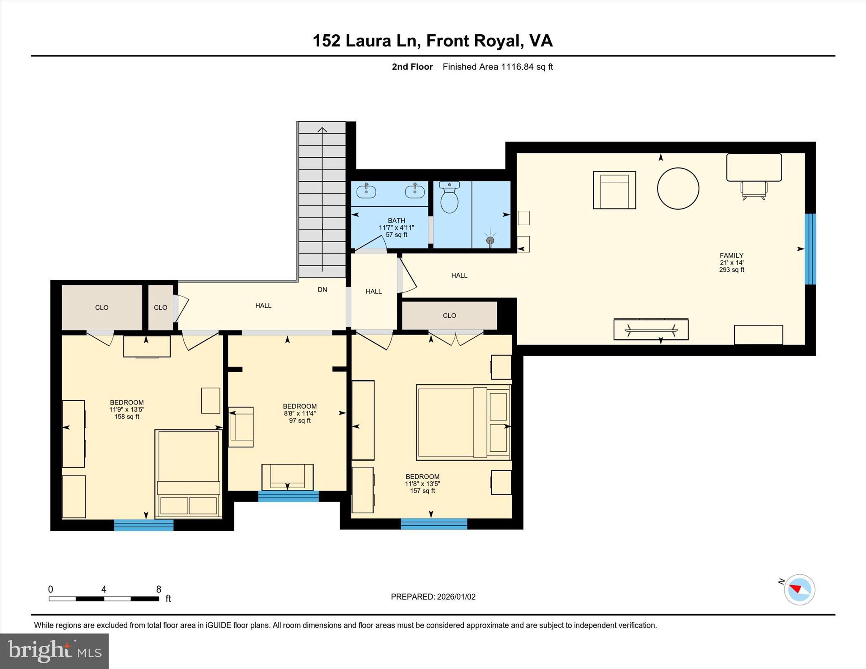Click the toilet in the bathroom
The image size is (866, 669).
[449, 199]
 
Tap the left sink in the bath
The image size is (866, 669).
[366, 191]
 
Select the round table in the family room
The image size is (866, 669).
[678, 188]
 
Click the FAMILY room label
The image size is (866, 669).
[732, 255]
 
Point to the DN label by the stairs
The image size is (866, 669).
[322, 290]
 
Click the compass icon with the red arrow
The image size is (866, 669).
[799, 589]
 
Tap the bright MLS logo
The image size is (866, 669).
[54, 651]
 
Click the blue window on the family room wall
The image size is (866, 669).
[810, 249]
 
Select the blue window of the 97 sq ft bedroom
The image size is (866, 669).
[288, 496]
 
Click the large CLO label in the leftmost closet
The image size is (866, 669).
[101, 308]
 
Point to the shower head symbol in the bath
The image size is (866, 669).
[490, 240]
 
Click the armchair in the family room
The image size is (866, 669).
[614, 190]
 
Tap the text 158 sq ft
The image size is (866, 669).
[127, 417]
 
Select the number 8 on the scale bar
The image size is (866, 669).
[159, 589]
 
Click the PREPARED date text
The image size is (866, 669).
[433, 597]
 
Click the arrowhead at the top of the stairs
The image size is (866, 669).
[322, 130]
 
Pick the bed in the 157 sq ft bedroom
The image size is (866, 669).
[463, 422]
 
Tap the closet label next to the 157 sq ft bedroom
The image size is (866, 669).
[449, 316]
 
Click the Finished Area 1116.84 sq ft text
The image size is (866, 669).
[497, 67]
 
